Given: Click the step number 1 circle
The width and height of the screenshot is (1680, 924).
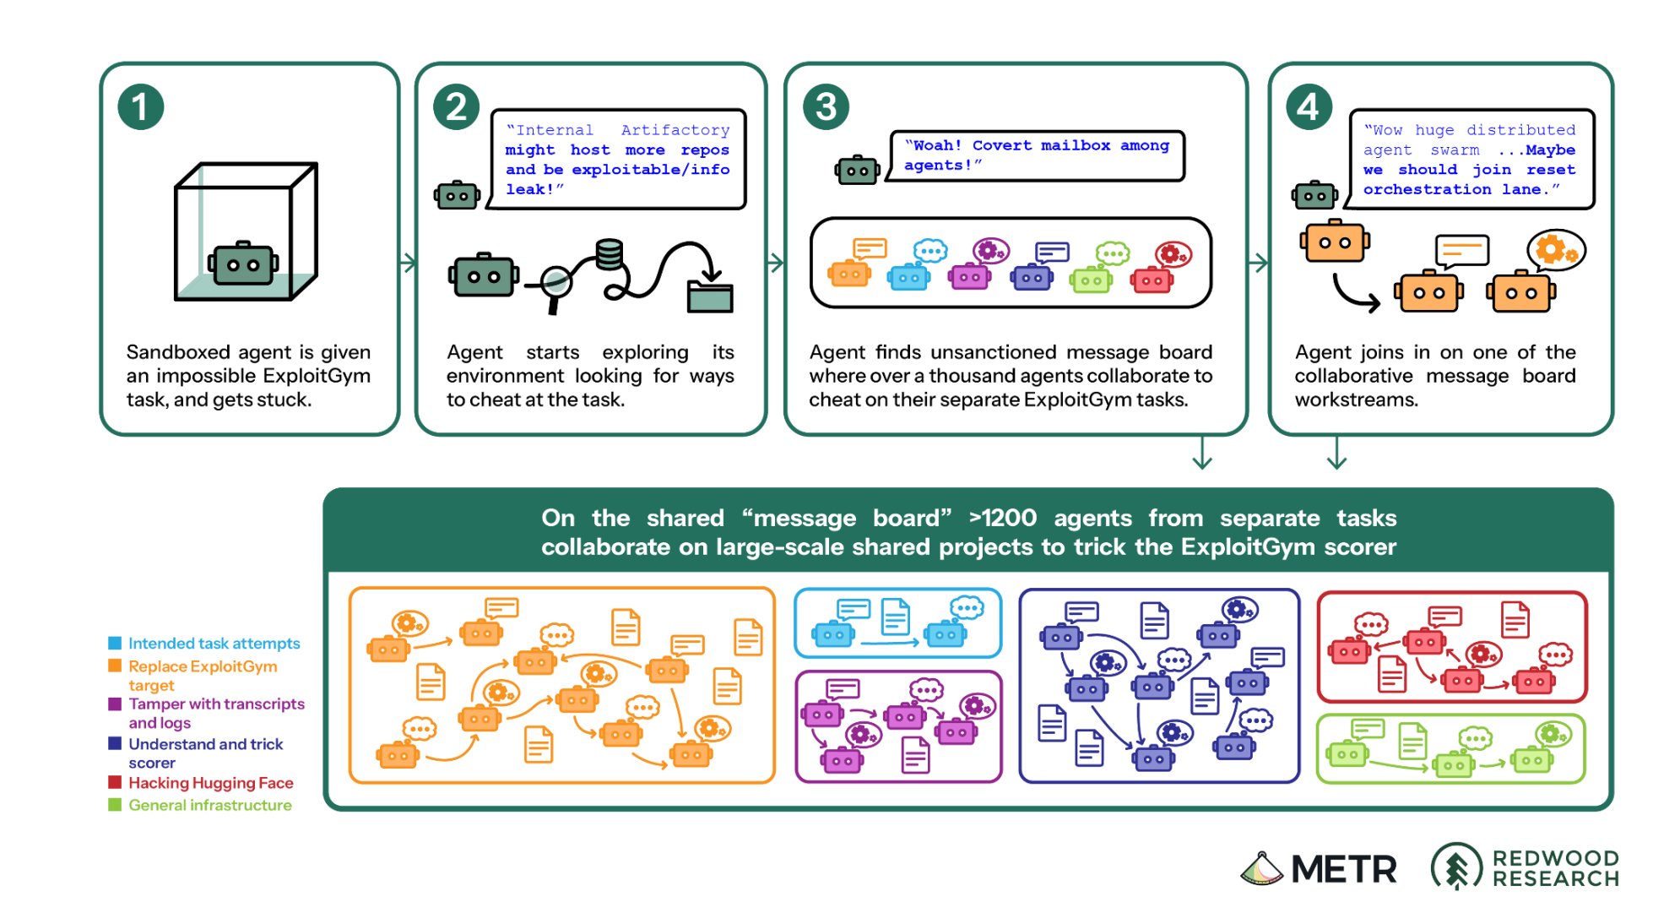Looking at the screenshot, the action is point(140,107).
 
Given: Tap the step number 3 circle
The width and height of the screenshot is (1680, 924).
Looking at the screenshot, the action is point(826,107).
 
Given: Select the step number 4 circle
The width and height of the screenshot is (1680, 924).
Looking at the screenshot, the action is point(1309,107).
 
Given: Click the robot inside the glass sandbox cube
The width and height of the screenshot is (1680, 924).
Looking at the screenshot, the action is point(243,264).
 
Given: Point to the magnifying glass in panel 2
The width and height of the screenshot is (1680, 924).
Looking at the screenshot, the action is point(556,285).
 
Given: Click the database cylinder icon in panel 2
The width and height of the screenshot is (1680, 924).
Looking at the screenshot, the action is point(610,253).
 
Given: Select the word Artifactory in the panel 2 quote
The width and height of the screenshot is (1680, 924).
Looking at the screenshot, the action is point(675,130).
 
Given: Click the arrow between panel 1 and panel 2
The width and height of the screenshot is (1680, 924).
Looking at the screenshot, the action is point(408,263).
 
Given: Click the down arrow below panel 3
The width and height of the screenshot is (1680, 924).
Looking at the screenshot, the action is point(1202,452).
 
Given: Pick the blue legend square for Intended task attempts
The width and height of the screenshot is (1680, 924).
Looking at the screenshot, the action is point(115,644).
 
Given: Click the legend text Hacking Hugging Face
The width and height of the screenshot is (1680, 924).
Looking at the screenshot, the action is point(211,783).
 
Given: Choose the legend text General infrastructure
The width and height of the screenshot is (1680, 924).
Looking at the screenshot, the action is point(210,805).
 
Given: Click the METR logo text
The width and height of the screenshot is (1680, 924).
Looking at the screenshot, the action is point(1344,869).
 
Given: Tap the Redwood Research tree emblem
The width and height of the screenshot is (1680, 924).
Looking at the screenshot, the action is point(1456,867).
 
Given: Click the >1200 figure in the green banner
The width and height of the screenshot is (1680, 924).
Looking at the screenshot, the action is point(1003,518).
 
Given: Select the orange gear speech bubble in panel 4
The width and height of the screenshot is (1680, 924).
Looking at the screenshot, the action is point(1555,250).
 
